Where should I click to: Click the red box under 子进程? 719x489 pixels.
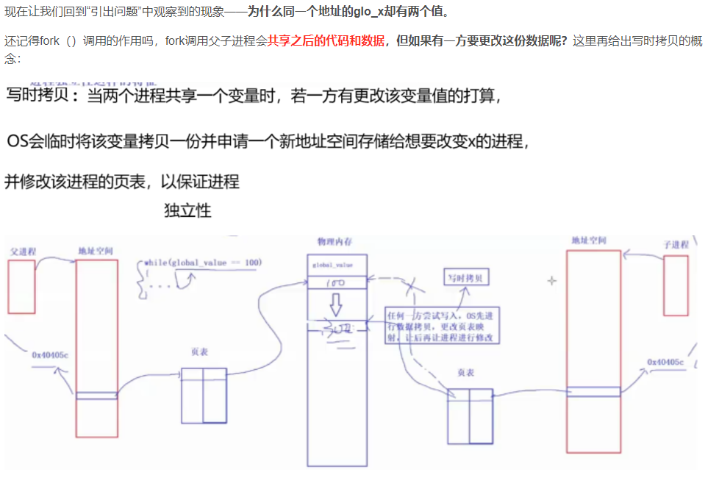tap(676, 285)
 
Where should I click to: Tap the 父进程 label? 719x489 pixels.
tap(23, 251)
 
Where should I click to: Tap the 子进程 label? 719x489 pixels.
tap(676, 244)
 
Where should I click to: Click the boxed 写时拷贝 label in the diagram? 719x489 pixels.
tap(466, 278)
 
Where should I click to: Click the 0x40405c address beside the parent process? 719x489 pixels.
tap(49, 354)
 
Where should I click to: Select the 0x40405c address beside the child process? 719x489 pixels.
tap(665, 363)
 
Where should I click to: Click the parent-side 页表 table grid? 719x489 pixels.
tap(204, 396)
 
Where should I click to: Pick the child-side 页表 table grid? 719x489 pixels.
tap(470, 416)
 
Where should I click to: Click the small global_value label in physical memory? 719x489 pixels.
tap(332, 264)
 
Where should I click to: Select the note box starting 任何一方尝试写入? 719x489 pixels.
tap(442, 326)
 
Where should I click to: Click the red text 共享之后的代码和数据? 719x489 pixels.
tap(326, 40)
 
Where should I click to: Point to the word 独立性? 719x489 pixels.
tap(187, 210)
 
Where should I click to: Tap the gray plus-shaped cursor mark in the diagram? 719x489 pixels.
tap(552, 281)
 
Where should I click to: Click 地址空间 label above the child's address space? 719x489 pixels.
tap(588, 241)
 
